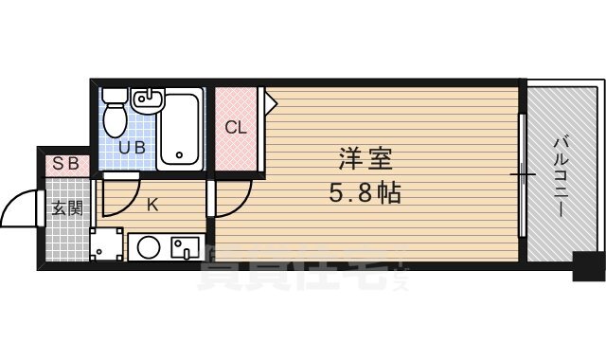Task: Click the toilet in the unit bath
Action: click(115, 112)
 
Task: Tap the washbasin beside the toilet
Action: click(147, 99)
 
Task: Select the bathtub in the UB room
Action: click(179, 128)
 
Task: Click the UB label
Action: click(131, 148)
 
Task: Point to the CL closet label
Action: click(235, 127)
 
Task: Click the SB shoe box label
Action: click(65, 163)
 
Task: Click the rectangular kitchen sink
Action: click(184, 248)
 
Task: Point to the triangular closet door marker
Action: click(270, 97)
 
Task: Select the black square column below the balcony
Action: click(587, 268)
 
